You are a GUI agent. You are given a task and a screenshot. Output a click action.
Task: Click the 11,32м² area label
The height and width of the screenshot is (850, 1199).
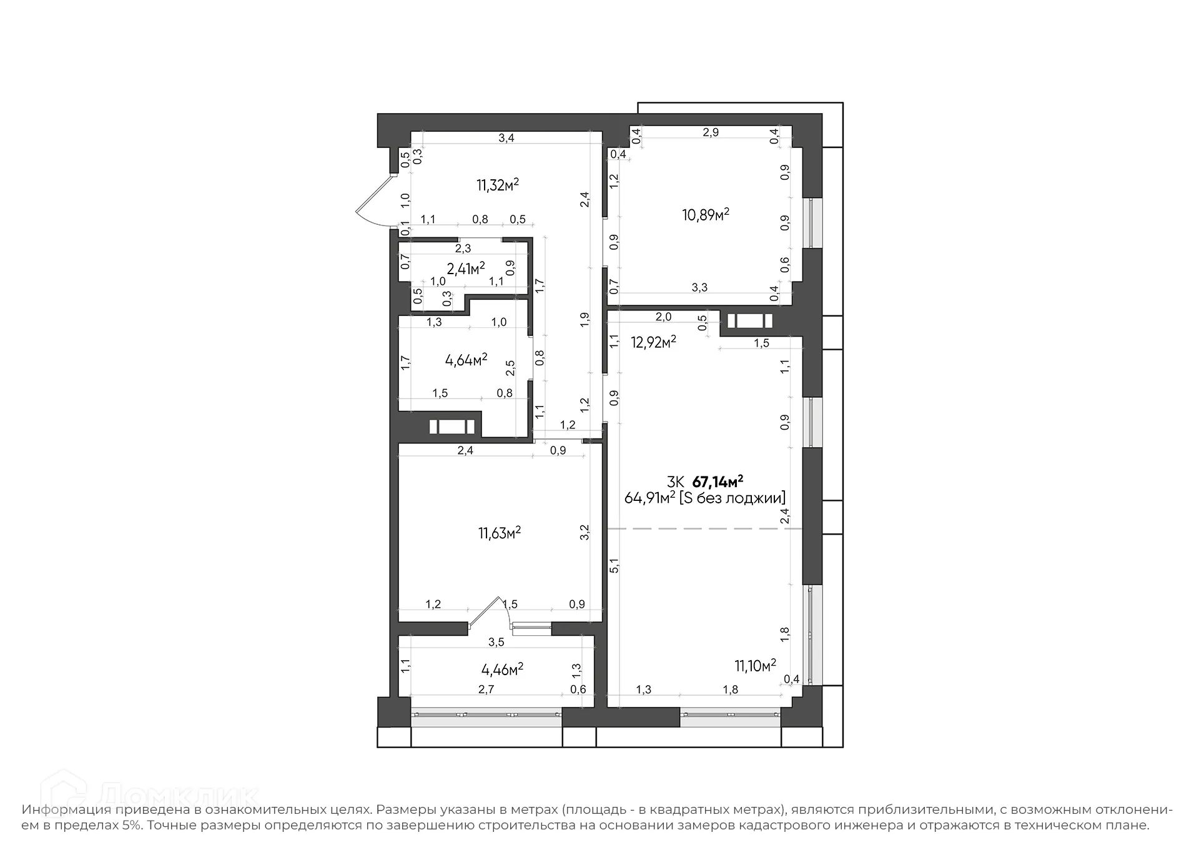coord(498,185)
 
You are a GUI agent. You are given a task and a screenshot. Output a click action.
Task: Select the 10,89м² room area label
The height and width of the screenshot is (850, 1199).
coord(706,215)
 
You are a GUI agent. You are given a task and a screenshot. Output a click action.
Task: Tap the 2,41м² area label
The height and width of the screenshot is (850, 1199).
coord(465,269)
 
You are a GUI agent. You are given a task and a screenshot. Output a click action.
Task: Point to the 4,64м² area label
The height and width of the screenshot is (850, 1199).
coord(466,360)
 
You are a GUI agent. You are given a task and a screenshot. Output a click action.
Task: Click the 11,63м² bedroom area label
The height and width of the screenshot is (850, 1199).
coord(500,533)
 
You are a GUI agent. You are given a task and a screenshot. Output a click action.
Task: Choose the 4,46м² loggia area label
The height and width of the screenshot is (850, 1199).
coord(502,670)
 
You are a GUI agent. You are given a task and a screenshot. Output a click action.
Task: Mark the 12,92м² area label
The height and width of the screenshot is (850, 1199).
coord(653,342)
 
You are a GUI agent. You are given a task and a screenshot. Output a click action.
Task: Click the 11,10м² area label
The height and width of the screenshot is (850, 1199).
coord(755,666)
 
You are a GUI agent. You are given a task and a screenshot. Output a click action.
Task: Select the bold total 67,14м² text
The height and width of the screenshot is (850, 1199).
coord(718,482)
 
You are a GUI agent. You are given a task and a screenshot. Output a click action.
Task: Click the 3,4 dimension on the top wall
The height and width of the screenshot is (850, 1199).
coord(506,138)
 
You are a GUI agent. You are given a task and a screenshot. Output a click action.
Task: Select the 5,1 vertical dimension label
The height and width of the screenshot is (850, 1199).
coord(614,565)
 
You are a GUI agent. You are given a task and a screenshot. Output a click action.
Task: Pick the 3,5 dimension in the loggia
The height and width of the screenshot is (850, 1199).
coord(496,642)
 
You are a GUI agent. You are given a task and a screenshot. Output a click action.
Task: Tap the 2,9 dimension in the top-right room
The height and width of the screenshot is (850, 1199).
coord(711,132)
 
